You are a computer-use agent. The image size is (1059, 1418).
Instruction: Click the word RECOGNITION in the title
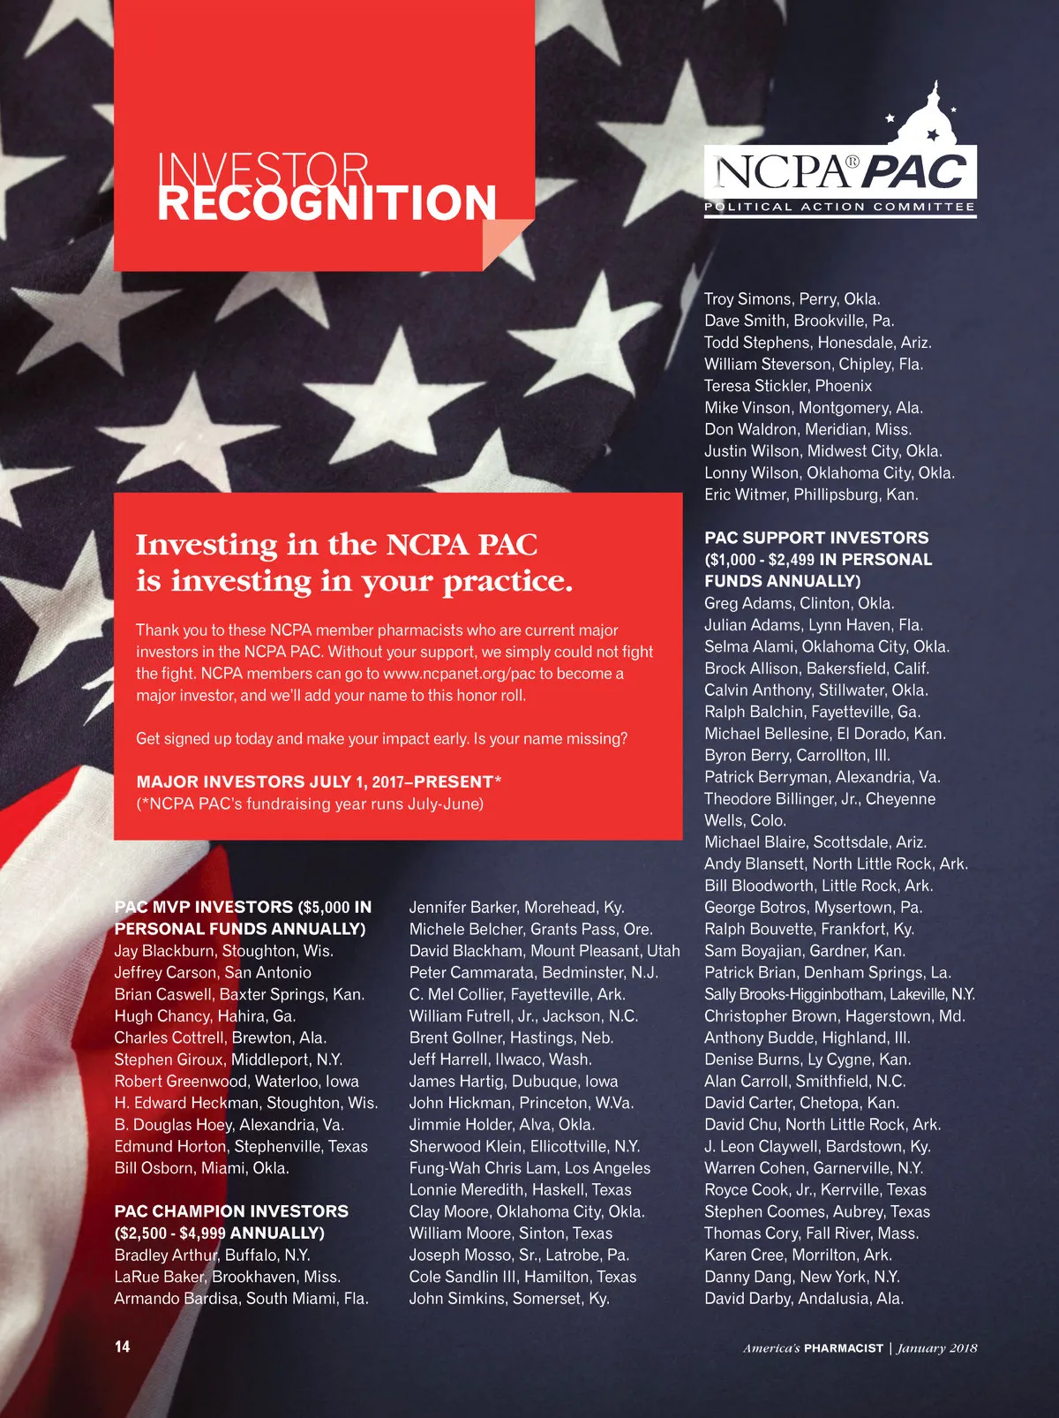click(x=327, y=203)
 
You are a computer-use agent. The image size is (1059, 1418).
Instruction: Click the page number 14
click(x=122, y=1346)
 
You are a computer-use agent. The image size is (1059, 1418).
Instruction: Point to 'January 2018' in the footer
click(x=937, y=1348)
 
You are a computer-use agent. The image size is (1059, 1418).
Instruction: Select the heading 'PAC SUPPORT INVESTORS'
click(x=816, y=538)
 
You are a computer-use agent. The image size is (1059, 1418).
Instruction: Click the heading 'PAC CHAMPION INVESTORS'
click(x=231, y=1211)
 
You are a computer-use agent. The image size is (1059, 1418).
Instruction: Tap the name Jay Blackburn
click(x=167, y=951)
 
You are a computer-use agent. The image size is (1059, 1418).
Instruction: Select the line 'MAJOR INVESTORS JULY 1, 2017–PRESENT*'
click(x=319, y=782)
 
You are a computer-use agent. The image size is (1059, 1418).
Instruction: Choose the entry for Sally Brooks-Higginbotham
click(x=794, y=994)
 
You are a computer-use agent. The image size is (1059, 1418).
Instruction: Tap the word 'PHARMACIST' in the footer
click(x=844, y=1348)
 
